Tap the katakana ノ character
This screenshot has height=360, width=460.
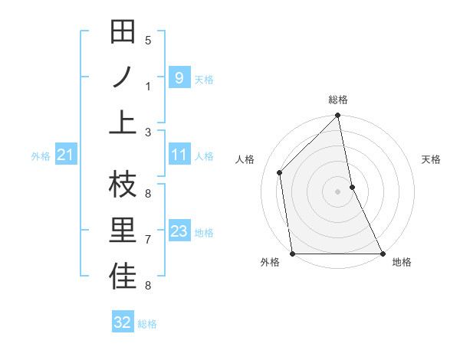pos(123,77)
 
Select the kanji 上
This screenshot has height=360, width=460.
pos(123,122)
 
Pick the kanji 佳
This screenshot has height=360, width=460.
pos(123,277)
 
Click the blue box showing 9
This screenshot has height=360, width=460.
pos(179,77)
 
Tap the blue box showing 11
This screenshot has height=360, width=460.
pos(179,155)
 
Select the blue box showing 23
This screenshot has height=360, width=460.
pos(179,231)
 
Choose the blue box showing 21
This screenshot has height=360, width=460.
pos(65,155)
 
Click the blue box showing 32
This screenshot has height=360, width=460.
pos(123,322)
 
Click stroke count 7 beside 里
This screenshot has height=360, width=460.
pos(148,240)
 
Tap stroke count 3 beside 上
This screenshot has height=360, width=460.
pos(148,132)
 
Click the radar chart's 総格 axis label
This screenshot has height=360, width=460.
pos(338,100)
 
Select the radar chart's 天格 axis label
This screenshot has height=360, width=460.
pos(431,159)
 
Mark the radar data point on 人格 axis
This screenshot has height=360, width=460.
pos(280,172)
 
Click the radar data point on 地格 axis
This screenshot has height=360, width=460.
pos(382,253)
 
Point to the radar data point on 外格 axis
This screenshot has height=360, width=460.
pos(293,253)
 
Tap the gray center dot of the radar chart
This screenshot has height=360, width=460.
pos(338,191)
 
